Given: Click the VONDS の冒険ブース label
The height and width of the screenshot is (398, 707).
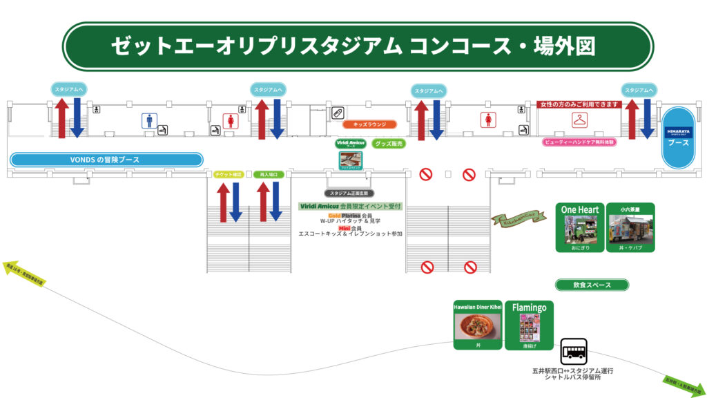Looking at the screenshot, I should click(106, 160).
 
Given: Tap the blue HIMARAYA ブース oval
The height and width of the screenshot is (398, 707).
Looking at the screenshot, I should click(678, 137).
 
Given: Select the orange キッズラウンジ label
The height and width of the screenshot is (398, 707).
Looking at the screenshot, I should click(369, 125).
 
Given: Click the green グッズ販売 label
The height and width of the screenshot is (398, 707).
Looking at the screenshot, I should click(388, 144).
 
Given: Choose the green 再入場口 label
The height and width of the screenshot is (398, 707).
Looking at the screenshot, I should click(269, 175).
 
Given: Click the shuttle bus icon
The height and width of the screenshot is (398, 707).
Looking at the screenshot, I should click(573, 351).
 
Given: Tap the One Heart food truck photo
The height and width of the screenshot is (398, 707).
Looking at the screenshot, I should click(579, 230).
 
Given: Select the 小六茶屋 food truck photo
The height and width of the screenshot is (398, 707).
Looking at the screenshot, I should click(630, 230).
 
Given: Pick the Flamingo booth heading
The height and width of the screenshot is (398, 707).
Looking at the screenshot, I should click(530, 307).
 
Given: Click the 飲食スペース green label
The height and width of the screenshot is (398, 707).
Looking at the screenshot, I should click(592, 285).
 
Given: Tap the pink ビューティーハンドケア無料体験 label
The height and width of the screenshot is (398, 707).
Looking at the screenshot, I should click(579, 142).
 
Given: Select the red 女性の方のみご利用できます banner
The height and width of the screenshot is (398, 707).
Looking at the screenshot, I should click(579, 104).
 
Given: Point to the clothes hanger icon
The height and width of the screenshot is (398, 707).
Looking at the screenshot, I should click(579, 122).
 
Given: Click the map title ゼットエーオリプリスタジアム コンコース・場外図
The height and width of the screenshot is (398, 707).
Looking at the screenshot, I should click(353, 46).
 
